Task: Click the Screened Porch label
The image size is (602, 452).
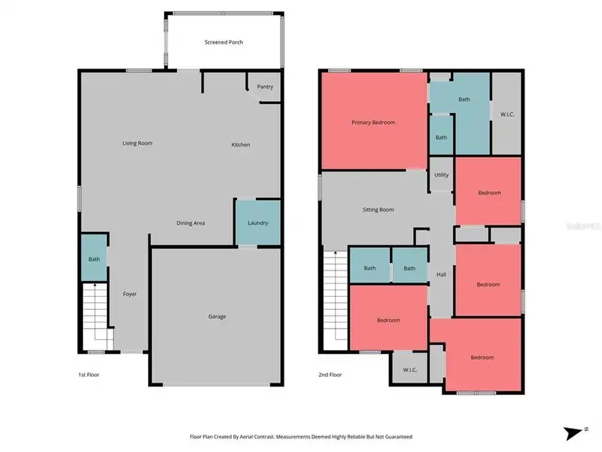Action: coord(223,42)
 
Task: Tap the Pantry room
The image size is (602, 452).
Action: coord(265,87)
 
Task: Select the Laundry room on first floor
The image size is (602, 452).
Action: coord(258,222)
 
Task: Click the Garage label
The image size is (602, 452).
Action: coord(217,316)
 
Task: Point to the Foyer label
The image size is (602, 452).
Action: coord(130,294)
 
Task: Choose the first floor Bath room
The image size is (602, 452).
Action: coord(94,259)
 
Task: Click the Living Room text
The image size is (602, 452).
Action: coord(138,143)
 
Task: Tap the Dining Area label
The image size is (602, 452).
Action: coord(190,223)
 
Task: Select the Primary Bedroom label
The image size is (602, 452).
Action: coord(373,122)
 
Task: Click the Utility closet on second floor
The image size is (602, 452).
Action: coord(441,175)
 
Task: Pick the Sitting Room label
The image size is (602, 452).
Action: coord(379,209)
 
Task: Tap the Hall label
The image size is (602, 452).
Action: coord(442,275)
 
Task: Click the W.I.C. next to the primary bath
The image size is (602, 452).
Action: coord(507,115)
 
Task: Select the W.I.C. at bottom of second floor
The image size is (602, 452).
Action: coord(409,370)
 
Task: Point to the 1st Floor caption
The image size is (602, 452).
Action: coord(89,374)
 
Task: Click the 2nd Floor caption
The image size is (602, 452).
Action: coord(330,374)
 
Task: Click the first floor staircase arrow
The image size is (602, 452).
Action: coord(95,286)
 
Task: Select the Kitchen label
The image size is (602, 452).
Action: coord(241,145)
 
